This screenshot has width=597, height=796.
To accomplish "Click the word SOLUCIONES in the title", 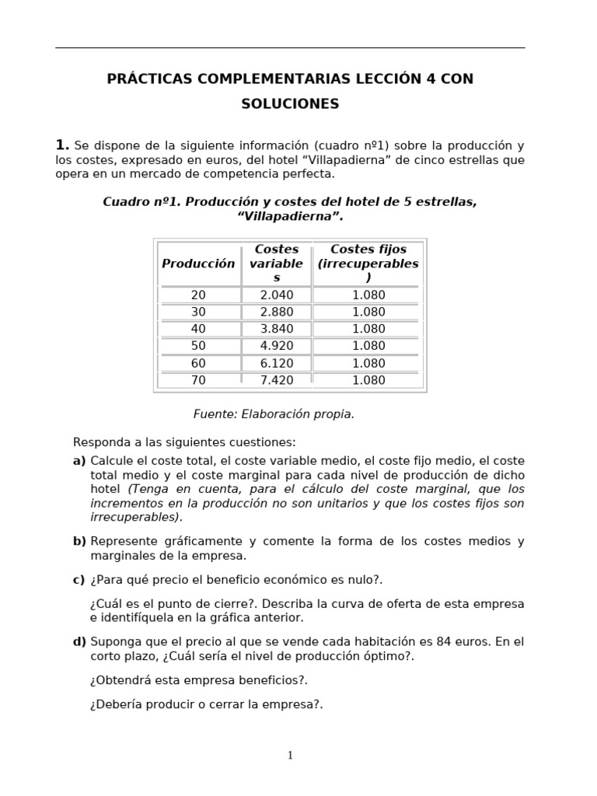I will coord(290,103).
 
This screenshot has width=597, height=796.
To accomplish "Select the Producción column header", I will coord(198,264).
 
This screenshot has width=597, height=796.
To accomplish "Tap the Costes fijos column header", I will coord(368,264).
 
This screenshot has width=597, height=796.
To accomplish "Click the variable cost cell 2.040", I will coord(276,295).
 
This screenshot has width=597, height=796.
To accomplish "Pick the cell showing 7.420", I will coord(276,380).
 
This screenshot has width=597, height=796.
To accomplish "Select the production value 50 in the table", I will coord(198,346).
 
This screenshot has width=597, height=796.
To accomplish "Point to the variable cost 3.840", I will coord(276,329).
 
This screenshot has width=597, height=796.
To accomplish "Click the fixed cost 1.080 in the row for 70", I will coord(368,380).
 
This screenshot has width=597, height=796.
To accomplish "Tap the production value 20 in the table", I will coord(198,295).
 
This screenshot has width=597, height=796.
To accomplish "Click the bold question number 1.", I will coord(62,145).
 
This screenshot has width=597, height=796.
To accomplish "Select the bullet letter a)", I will coord(79,461).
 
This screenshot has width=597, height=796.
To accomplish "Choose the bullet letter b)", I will coord(79,541).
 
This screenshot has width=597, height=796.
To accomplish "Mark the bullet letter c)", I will coord(79,580).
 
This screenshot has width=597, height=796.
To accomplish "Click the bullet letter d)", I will coord(79,642).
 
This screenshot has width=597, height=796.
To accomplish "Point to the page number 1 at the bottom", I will coord(290,755).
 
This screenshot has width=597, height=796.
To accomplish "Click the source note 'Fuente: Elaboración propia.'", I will coord(274,414).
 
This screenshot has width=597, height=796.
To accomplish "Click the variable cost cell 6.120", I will coord(276,363).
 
